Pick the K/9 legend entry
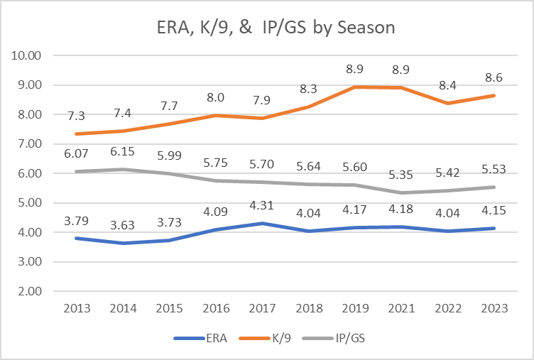[277, 339]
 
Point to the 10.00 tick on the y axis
[29, 55]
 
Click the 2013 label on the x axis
[76, 310]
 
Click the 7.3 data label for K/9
[76, 115]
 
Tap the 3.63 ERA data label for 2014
[126, 224]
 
